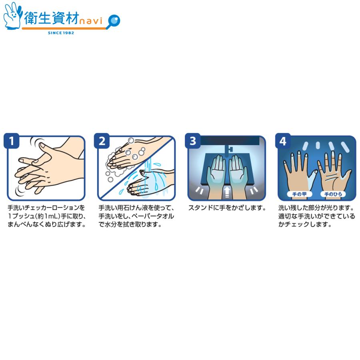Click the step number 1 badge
11,141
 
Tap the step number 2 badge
102,141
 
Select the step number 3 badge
193,141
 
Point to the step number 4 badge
283,141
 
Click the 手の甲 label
299,194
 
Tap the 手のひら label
333,194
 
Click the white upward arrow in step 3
227,192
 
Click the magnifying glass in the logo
114,21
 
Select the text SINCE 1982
61,33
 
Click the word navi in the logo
91,21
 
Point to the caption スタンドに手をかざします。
227,208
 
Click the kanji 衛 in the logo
31,18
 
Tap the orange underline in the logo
64,28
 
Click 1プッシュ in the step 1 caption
22,216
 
